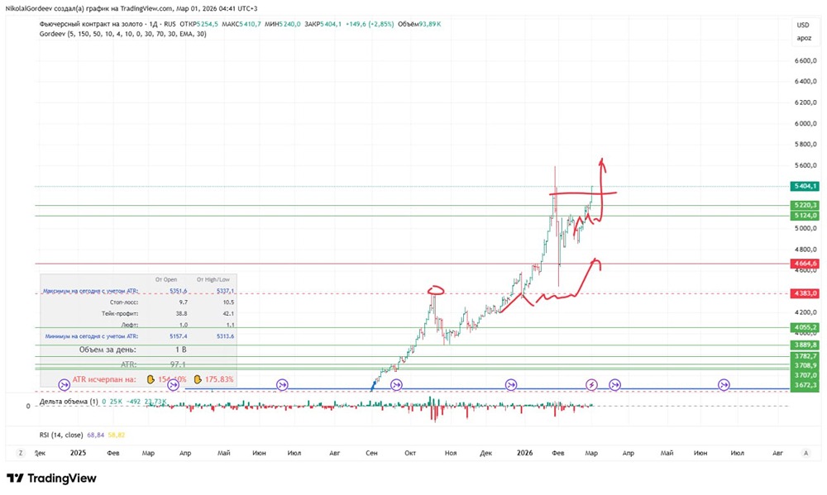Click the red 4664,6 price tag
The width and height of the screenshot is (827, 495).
click(804, 263)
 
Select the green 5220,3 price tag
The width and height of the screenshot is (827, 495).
click(804, 205)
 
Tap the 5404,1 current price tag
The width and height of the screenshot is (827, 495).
click(804, 186)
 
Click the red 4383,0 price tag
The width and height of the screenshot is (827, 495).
click(804, 293)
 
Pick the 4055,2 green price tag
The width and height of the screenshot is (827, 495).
click(804, 327)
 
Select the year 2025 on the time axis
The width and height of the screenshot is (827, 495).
click(78, 453)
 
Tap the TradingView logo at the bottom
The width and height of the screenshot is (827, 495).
click(51, 478)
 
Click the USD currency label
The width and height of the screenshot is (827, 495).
click(803, 25)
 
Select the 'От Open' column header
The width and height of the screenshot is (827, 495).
click(165, 279)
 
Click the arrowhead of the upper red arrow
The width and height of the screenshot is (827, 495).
click(602, 160)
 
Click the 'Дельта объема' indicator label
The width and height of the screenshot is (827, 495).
click(67, 402)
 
